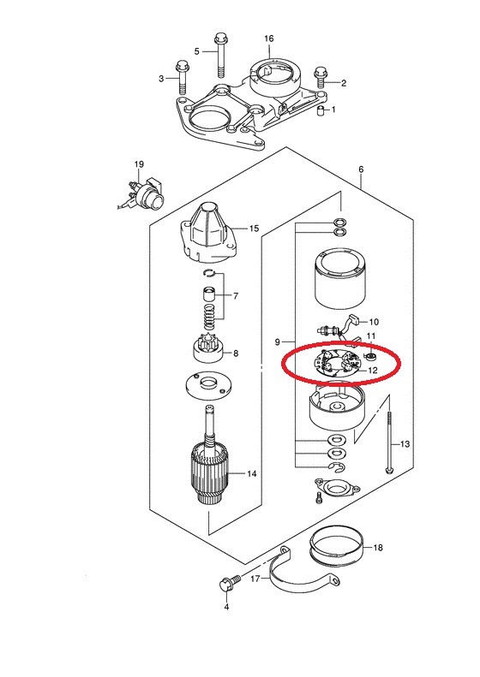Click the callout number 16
[x=269, y=39]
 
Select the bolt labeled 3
[x=182, y=78]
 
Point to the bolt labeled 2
[x=320, y=78]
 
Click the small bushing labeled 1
[x=321, y=110]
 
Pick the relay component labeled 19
[x=142, y=193]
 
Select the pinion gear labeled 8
[x=207, y=350]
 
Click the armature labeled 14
[x=210, y=462]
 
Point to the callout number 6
[x=361, y=169]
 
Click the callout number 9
[x=278, y=342]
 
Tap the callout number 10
[x=374, y=322]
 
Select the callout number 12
[x=372, y=370]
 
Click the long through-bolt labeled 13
[x=389, y=442]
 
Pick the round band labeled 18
[x=337, y=548]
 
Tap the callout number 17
[x=255, y=579]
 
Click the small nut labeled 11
[x=370, y=357]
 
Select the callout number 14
[x=252, y=473]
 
